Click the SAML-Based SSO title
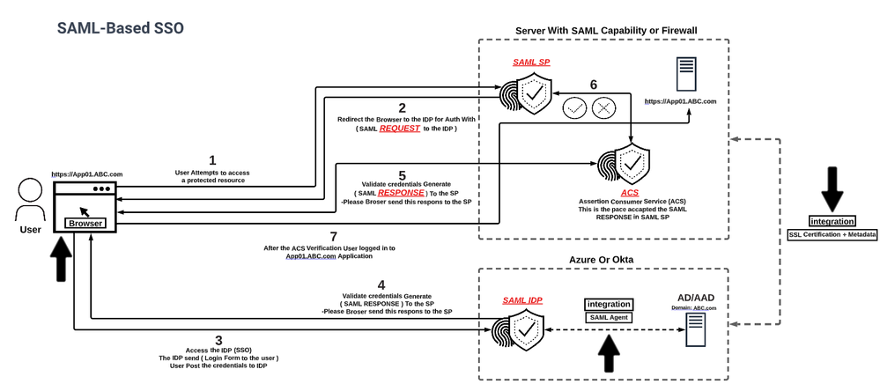point(121,27)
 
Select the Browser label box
point(85,223)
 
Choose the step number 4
point(381,284)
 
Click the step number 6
point(593,85)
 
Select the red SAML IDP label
point(521,300)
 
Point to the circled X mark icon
point(603,107)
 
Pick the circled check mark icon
point(574,107)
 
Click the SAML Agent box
point(607,317)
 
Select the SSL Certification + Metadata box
point(832,234)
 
